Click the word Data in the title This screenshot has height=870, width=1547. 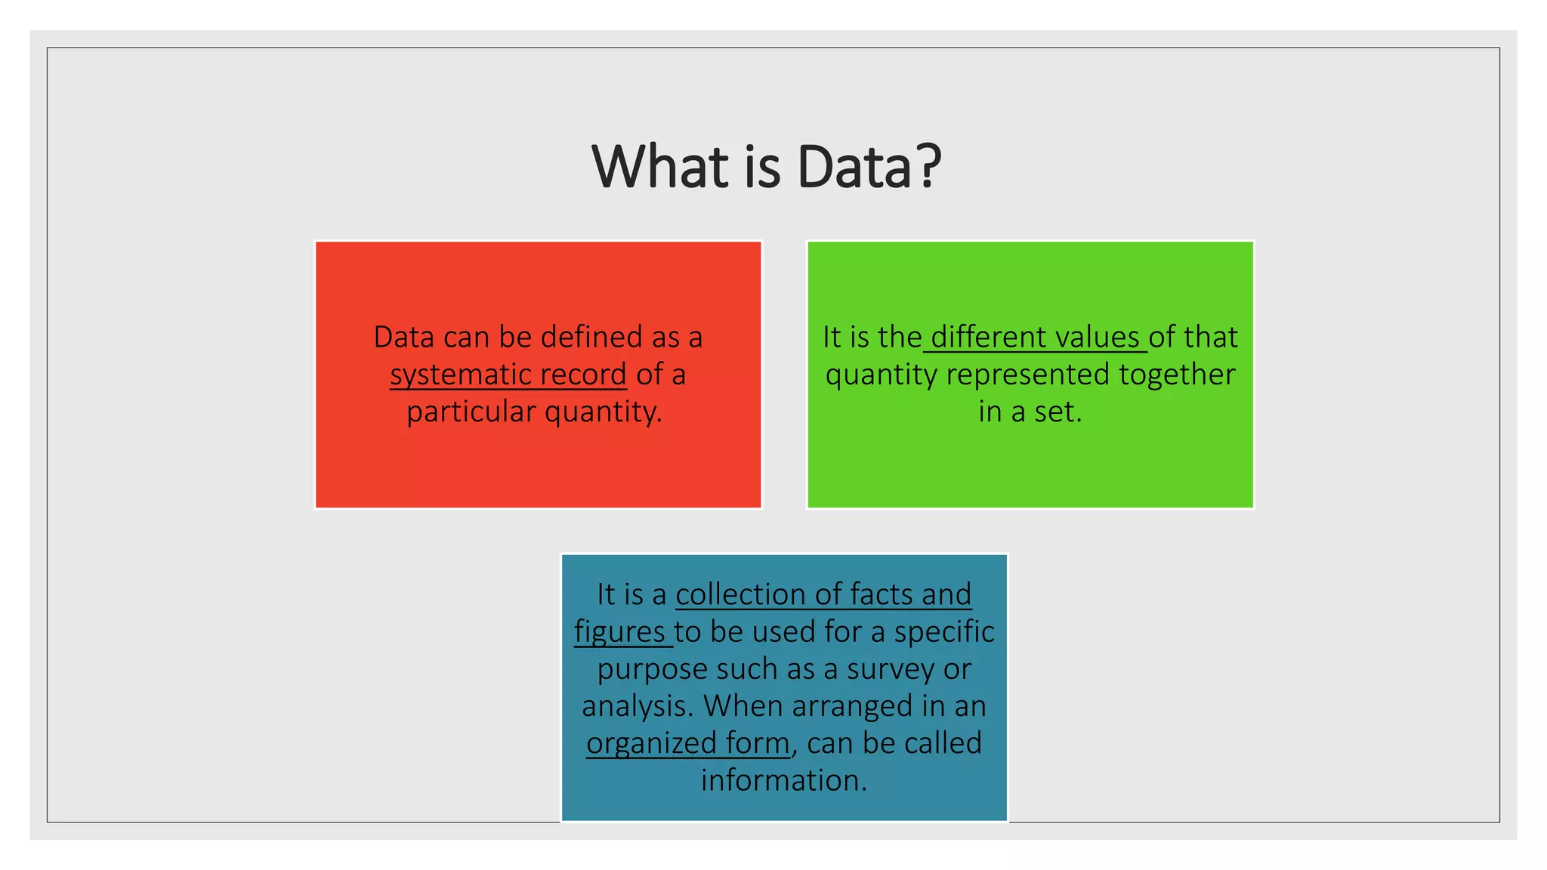(x=854, y=167)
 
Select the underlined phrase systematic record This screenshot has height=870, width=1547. (x=508, y=375)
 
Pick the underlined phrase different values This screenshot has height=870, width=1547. (x=1035, y=337)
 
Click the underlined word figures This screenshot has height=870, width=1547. (x=619, y=632)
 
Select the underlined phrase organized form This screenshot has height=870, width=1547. (x=688, y=743)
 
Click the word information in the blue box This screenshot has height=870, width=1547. (x=783, y=780)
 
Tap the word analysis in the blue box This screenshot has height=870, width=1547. (x=637, y=706)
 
